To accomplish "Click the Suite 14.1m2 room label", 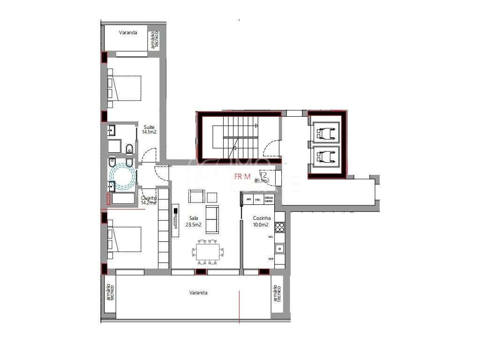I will coord(149,129).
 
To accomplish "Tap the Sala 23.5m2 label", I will coord(195,221).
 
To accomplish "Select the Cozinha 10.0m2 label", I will coord(261,221).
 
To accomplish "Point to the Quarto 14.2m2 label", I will coord(149,201).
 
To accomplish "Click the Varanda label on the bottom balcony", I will coord(198,292).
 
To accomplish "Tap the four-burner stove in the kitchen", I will coord(280,227).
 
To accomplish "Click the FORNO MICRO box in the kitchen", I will coord(269,199).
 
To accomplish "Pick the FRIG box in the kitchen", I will coord(257,199).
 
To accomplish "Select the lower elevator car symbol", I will coord(327,156).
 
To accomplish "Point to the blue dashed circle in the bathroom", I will coord(122,176).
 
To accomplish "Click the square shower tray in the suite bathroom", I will coord(114,146).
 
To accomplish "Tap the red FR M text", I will coord(243,177).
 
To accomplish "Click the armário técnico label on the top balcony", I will coord(154,41).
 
